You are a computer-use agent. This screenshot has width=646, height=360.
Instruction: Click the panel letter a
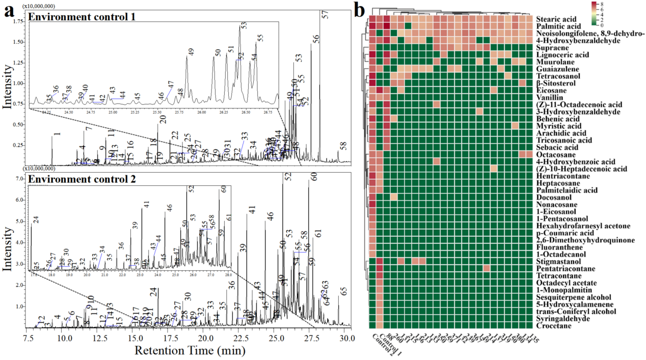pyautogui.click(x=9, y=11)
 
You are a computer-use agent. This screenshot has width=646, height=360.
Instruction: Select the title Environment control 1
pyautogui.click(x=82, y=16)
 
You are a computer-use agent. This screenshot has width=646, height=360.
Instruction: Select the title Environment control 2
pyautogui.click(x=82, y=179)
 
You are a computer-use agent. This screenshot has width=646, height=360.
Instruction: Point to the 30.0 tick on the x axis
pyautogui.click(x=346, y=338)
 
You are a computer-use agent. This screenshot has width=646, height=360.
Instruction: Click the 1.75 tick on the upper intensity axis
pyautogui.click(x=18, y=21)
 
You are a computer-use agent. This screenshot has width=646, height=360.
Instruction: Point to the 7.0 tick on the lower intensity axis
pyautogui.click(x=20, y=179)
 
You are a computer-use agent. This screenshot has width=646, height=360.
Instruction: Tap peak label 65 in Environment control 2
pyautogui.click(x=344, y=291)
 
